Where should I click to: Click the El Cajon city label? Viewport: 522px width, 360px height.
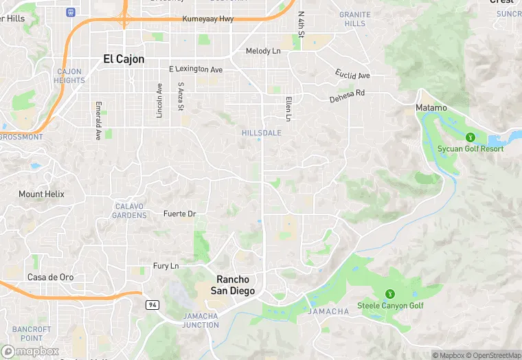click(124, 59)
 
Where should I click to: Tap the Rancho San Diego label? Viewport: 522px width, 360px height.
click(236, 285)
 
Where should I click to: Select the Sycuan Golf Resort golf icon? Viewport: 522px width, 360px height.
click(470, 137)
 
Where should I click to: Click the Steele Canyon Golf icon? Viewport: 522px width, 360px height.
click(390, 294)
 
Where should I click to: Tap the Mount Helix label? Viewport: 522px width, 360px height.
click(41, 194)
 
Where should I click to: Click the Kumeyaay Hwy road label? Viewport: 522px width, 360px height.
click(208, 19)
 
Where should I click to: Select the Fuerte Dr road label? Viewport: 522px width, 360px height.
click(179, 214)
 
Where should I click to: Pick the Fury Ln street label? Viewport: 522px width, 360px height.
click(166, 266)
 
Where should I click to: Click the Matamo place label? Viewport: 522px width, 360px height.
click(431, 108)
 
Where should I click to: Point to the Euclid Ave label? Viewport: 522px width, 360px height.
click(352, 74)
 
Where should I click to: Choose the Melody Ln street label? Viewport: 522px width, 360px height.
click(263, 51)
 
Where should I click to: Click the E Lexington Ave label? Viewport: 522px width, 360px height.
click(196, 69)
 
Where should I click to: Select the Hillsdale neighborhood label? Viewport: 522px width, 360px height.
click(262, 133)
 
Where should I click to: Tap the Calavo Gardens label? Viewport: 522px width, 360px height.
click(130, 211)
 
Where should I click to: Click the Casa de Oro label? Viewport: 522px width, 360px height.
click(50, 277)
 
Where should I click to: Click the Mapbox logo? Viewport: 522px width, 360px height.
click(30, 351)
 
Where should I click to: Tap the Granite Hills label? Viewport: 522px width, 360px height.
click(355, 19)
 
